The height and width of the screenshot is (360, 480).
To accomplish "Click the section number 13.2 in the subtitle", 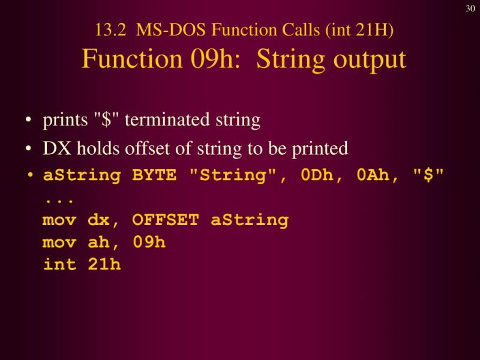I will [x=107, y=30].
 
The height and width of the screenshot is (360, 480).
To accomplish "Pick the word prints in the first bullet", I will [x=63, y=121].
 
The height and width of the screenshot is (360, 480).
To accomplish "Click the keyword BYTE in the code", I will [x=155, y=176].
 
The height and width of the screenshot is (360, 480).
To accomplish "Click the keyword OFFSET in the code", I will [x=166, y=220].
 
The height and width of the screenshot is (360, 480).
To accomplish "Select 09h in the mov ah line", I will [x=149, y=242].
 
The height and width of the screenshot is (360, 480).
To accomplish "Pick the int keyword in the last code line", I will [x=59, y=265].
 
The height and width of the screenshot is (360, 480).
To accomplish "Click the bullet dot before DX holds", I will [x=29, y=149].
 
